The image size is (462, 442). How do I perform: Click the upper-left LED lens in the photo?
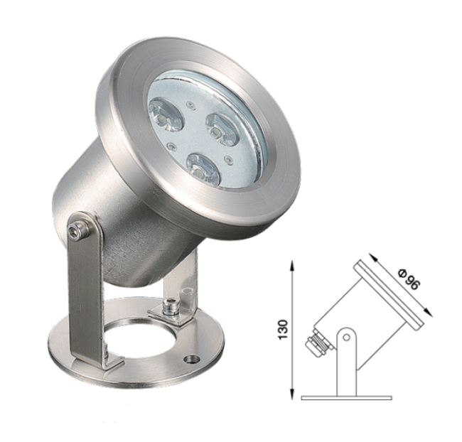pos(166,114)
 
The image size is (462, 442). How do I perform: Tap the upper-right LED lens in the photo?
pos(222,129)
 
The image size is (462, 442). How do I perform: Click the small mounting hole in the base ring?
pos(192,359)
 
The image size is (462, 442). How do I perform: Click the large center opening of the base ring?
pos(139,339)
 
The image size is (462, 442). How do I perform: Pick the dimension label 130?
pos(283,328)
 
